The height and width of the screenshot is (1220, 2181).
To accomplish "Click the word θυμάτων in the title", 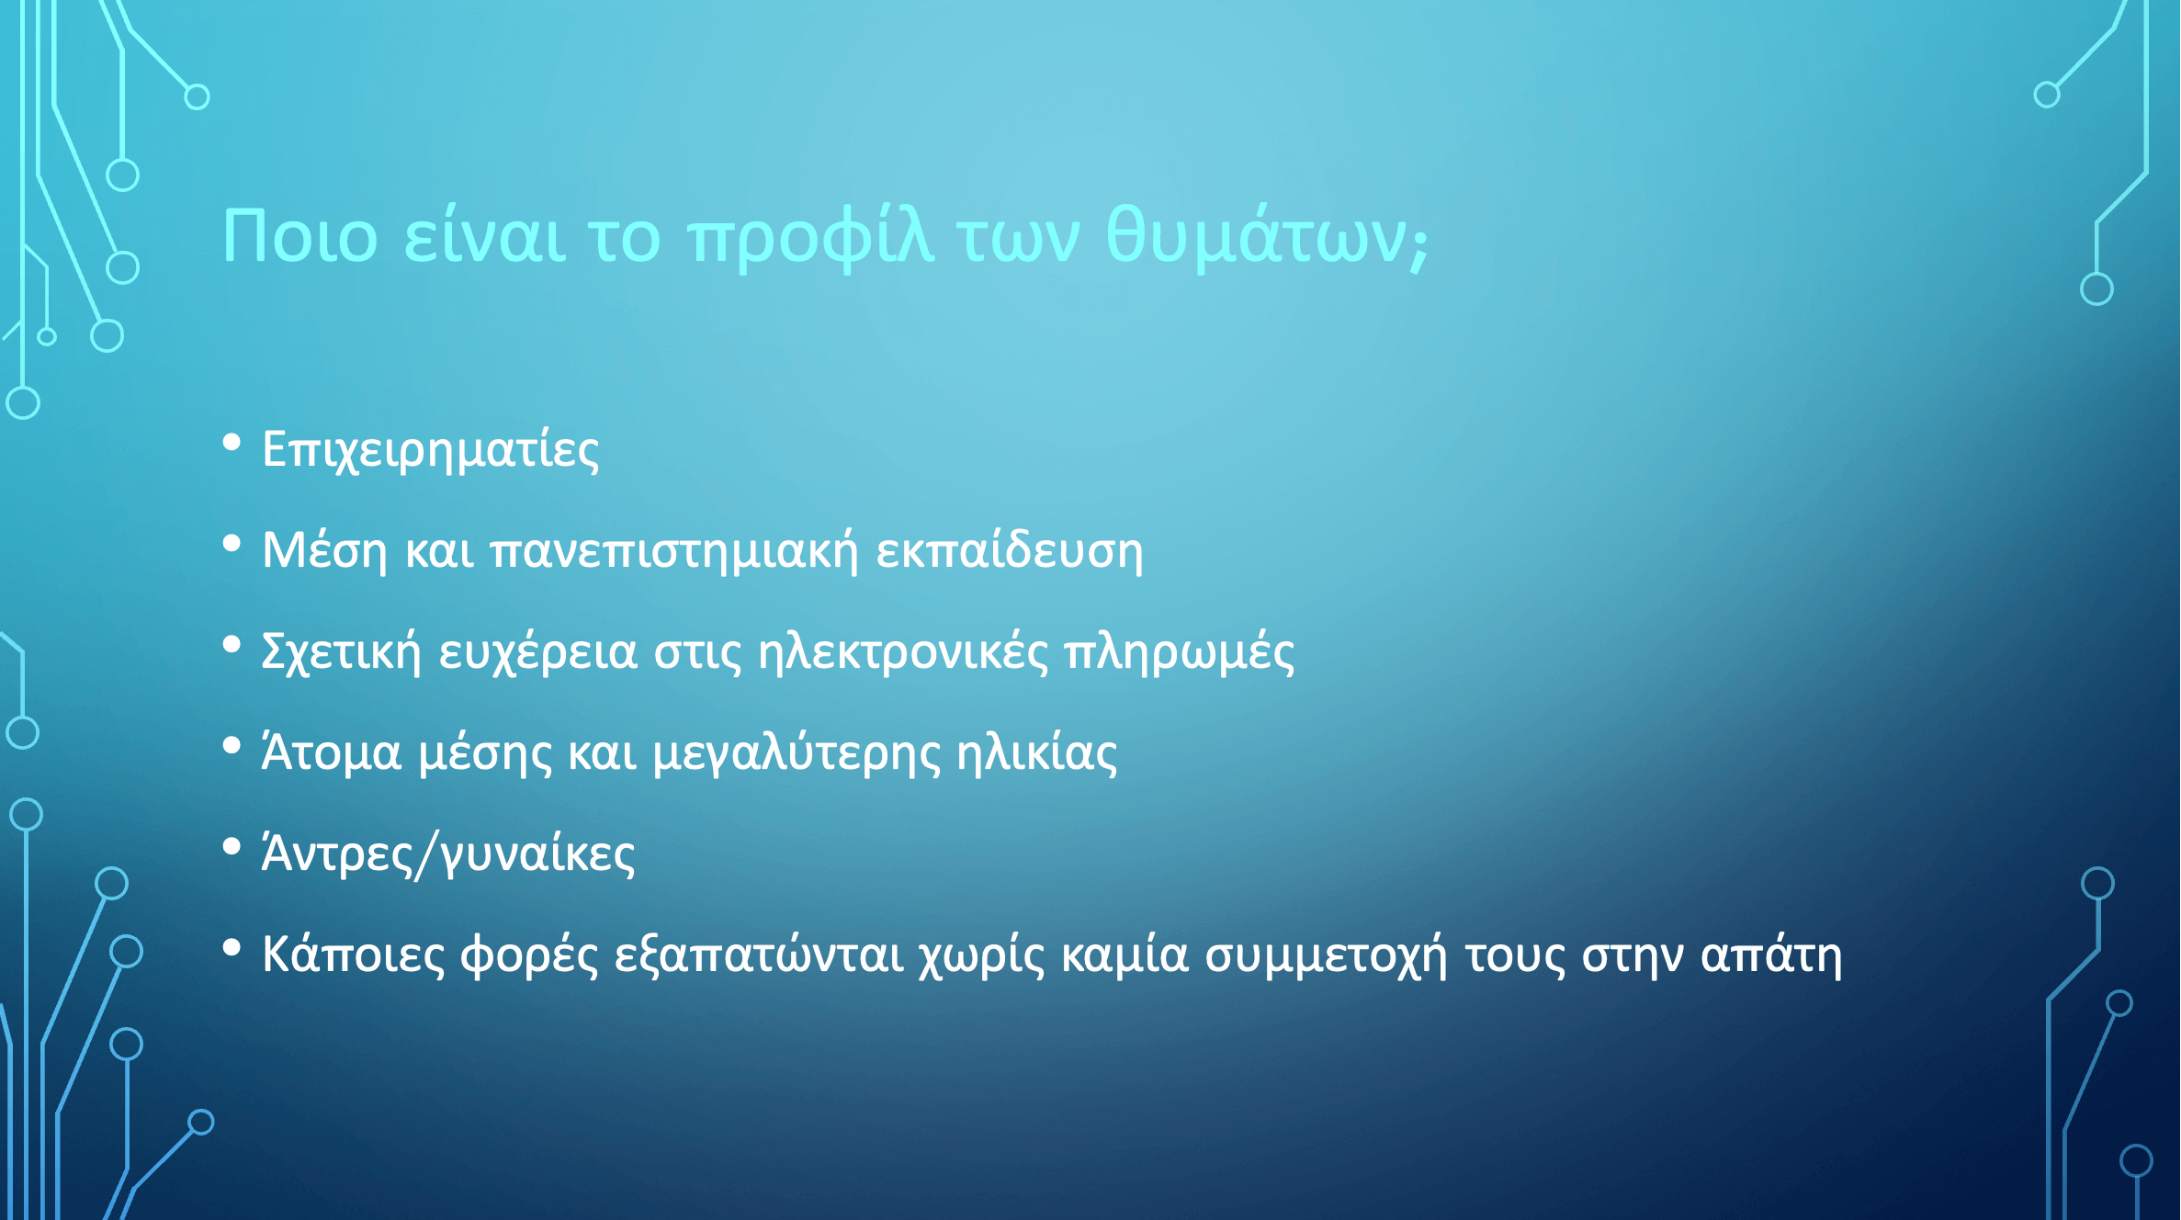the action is (x=1256, y=237).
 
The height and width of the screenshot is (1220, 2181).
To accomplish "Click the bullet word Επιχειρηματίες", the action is (x=430, y=451).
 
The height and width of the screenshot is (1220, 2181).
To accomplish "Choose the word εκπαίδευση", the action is (x=1010, y=550).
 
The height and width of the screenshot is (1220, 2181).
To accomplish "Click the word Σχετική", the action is (x=341, y=651).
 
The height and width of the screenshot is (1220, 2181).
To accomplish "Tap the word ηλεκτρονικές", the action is (x=903, y=651).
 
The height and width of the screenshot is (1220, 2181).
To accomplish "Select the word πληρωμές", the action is (x=1180, y=653).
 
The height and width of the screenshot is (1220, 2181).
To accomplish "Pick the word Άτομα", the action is (x=332, y=752).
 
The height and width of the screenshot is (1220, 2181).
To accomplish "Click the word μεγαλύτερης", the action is (x=797, y=753).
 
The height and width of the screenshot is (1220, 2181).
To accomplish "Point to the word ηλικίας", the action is (x=1037, y=752).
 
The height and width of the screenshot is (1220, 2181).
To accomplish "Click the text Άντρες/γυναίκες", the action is (x=448, y=854).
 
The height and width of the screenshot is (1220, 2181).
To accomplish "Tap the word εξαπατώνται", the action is (x=759, y=955).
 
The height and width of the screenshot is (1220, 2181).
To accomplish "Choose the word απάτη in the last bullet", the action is (x=1771, y=955).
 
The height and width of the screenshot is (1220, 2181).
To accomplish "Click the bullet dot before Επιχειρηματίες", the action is (x=232, y=443).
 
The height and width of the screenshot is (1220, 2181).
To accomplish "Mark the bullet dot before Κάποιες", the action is (x=232, y=947).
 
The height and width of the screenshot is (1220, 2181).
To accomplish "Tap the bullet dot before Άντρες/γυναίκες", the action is (x=232, y=847).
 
